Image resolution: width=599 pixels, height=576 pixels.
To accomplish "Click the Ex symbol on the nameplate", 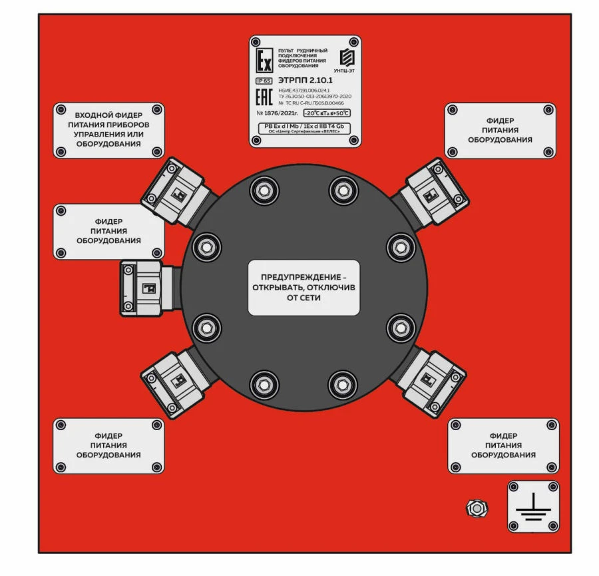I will [x=264, y=58].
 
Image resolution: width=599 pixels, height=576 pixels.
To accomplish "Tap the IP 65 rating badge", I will [x=264, y=81].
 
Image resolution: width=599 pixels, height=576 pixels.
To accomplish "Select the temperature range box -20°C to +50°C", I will [x=325, y=113].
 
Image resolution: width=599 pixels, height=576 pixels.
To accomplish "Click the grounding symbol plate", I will [x=534, y=507].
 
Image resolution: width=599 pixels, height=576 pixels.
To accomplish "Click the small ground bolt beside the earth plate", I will [x=475, y=508].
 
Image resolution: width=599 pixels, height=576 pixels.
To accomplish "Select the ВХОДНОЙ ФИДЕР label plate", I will [x=108, y=130].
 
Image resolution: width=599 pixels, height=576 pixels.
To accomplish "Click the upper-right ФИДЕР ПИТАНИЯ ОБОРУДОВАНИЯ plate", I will [x=500, y=131].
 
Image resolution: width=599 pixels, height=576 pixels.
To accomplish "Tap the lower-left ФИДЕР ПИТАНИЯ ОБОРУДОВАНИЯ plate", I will [x=108, y=445].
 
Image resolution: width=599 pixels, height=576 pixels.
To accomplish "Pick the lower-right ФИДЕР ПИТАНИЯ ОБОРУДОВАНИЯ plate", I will [x=503, y=445].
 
